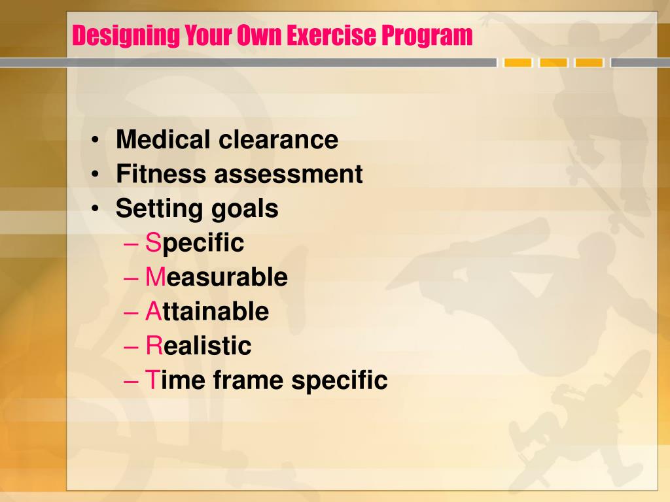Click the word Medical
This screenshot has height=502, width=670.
tap(164, 139)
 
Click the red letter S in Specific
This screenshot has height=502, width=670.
tap(152, 243)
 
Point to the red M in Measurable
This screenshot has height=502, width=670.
tap(154, 277)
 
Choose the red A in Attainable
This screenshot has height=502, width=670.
tap(152, 312)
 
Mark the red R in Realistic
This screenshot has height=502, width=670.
tap(153, 346)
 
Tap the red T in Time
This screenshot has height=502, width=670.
tap(152, 380)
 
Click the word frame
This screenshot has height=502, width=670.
tap(249, 380)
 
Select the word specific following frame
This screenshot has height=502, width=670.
tap(340, 380)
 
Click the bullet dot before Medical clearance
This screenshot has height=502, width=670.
tap(96, 140)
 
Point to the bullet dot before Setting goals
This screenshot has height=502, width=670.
tap(96, 209)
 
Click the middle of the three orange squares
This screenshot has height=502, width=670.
tap(554, 63)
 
